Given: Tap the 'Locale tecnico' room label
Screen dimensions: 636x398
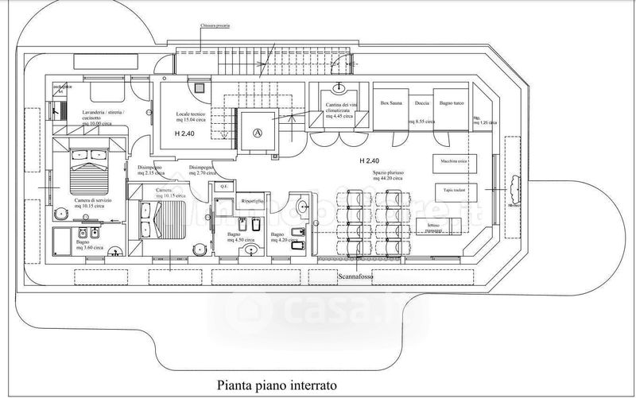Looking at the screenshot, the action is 190,118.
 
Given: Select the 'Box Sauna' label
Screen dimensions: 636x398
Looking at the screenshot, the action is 391,103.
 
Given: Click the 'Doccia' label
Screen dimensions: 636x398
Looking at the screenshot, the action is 422,103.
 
